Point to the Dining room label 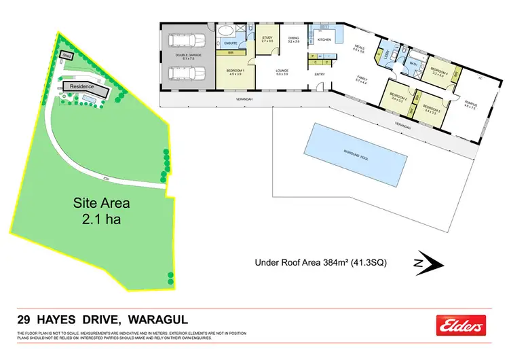[x=293, y=39]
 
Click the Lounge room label [x=282, y=70]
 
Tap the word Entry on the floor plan [x=320, y=75]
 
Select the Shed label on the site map [x=67, y=55]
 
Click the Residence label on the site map [x=82, y=87]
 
